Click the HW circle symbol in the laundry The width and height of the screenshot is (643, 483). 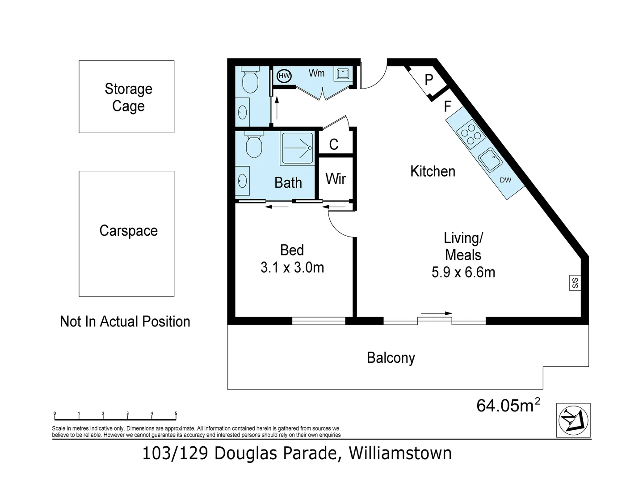pos(284,76)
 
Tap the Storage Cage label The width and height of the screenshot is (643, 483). pos(128,97)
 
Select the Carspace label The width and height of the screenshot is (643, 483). pos(128,231)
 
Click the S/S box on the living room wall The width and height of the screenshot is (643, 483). pos(575,283)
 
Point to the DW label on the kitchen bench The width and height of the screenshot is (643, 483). pos(505,180)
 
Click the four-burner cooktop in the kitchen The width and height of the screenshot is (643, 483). pos(471,134)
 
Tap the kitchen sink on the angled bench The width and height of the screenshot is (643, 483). pos(490,160)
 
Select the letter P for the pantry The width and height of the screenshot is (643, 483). pos(429,80)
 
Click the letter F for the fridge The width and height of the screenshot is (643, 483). pos(447,106)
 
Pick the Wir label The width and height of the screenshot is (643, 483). pos(336,179)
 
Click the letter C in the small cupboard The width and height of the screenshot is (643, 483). pos(334,144)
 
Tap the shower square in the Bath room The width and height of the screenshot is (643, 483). pos(297,147)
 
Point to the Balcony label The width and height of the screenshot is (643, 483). pos(391,358)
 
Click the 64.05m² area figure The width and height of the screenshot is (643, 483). pos(508,405)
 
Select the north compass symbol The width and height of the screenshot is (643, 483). pos(573,420)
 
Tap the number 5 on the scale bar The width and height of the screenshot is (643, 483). pos(176,414)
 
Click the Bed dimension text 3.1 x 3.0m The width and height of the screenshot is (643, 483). pos(292,267)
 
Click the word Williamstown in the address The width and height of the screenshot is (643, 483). pos(400,453)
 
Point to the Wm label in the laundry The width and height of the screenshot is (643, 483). pos(316,73)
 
